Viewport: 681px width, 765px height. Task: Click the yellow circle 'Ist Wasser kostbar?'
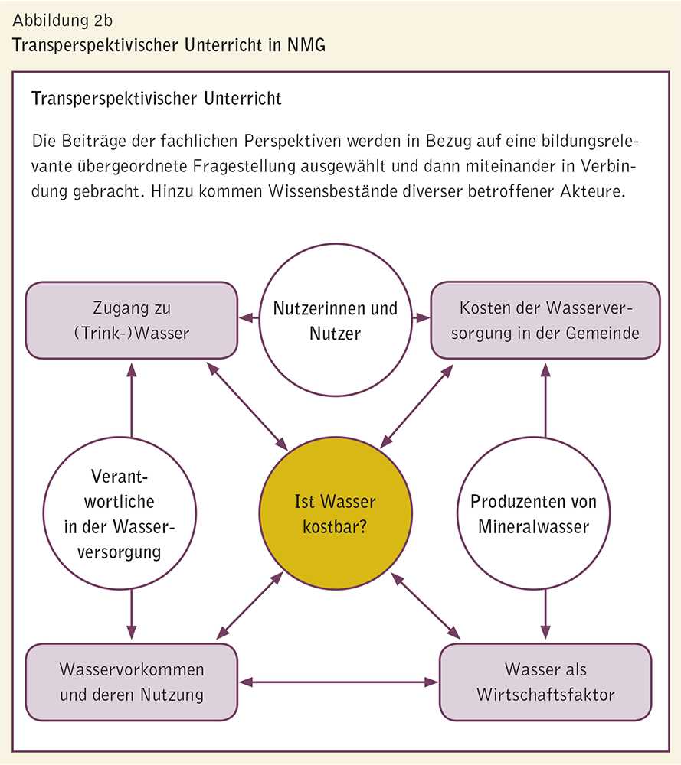point(336,513)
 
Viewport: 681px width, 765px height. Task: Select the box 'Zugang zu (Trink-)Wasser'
point(131,320)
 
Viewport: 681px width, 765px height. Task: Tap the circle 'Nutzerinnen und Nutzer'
point(336,321)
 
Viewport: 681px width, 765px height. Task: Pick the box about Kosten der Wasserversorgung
point(545,321)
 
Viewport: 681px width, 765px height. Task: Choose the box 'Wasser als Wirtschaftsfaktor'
point(545,682)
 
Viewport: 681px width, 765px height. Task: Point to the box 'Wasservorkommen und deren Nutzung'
point(131,682)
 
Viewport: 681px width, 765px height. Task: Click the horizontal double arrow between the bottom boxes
point(338,682)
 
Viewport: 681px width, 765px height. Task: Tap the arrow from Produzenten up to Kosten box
point(545,399)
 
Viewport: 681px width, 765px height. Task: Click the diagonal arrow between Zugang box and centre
point(247,405)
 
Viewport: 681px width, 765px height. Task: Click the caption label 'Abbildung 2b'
point(62,20)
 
